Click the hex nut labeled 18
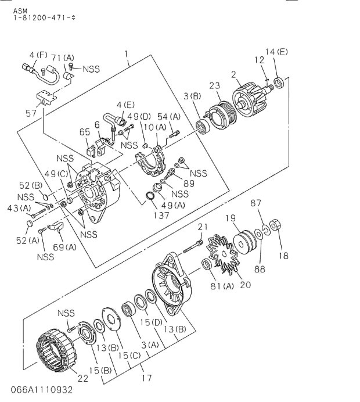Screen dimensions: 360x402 click(x=275, y=225)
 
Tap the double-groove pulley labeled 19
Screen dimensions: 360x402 click(x=244, y=241)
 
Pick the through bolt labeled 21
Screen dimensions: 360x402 click(x=192, y=246)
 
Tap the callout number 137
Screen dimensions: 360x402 click(x=161, y=216)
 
